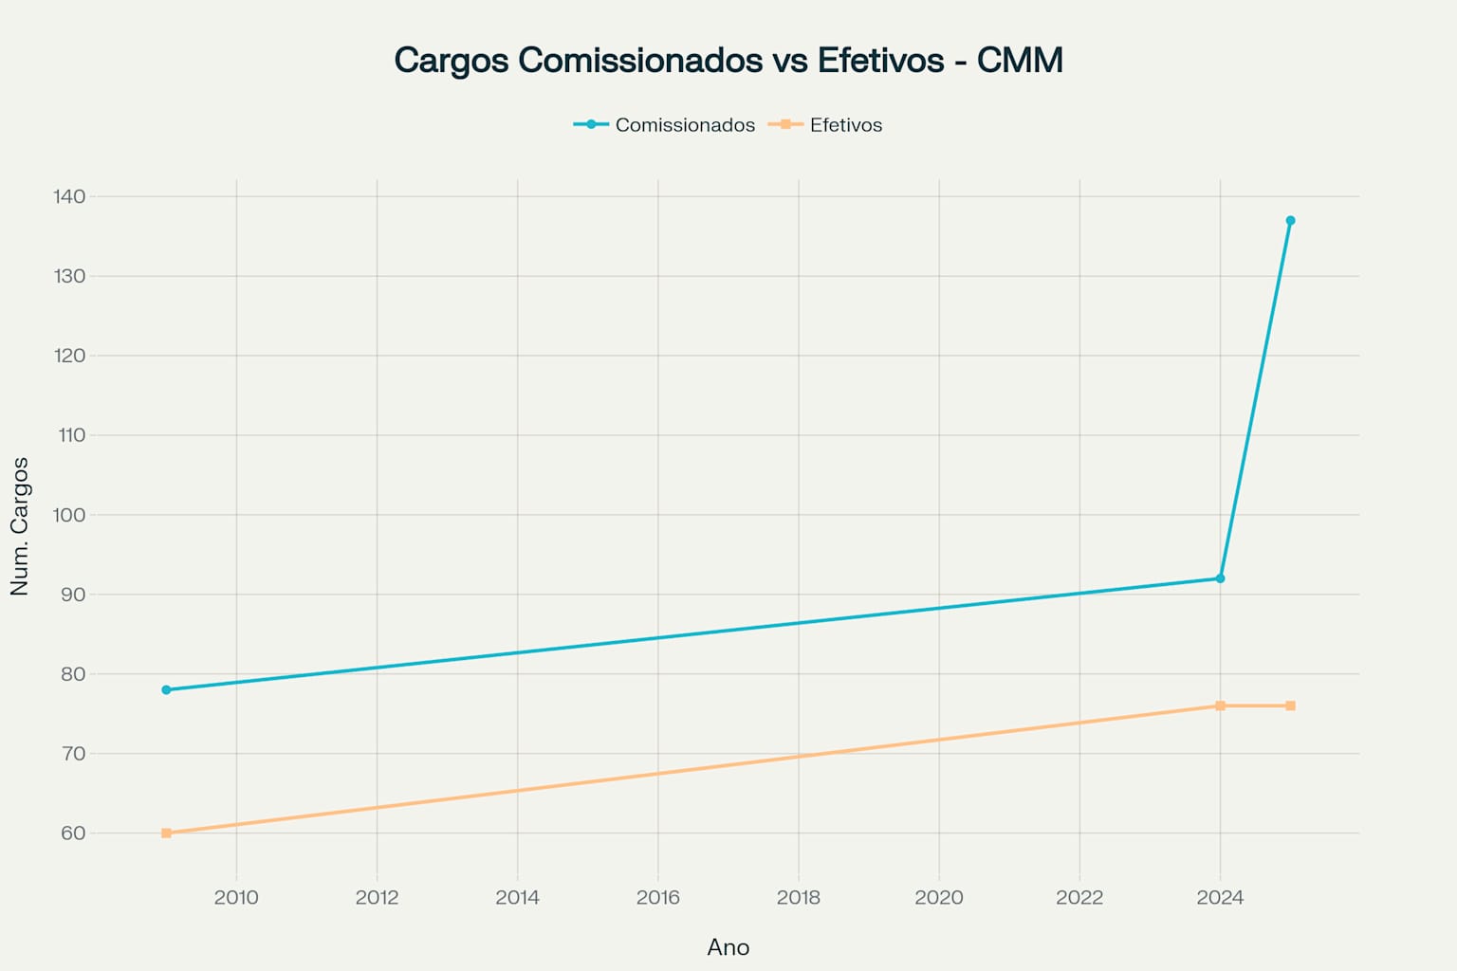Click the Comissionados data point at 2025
(1290, 221)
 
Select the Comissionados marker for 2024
(1220, 578)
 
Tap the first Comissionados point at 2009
(166, 689)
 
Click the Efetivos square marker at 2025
(1290, 705)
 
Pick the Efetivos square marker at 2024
(1220, 705)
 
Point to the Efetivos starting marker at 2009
(166, 833)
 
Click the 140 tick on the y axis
(69, 196)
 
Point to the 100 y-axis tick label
(69, 515)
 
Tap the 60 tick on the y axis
(73, 834)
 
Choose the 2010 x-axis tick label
(236, 897)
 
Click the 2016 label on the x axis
(657, 897)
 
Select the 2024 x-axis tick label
(1220, 897)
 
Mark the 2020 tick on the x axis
(938, 897)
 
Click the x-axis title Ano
(728, 947)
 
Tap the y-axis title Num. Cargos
(20, 526)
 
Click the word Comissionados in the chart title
(640, 60)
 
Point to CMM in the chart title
(1020, 60)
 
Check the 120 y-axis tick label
(69, 356)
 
